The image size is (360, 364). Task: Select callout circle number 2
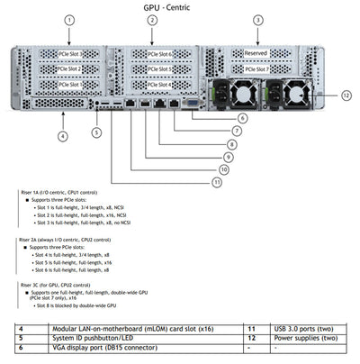(x=152, y=20)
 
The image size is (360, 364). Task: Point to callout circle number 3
(x=257, y=20)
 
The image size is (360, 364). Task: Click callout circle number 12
(x=346, y=95)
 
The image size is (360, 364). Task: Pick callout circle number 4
(x=62, y=136)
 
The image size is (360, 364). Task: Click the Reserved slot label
(x=256, y=54)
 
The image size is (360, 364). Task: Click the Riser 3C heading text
(x=54, y=284)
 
